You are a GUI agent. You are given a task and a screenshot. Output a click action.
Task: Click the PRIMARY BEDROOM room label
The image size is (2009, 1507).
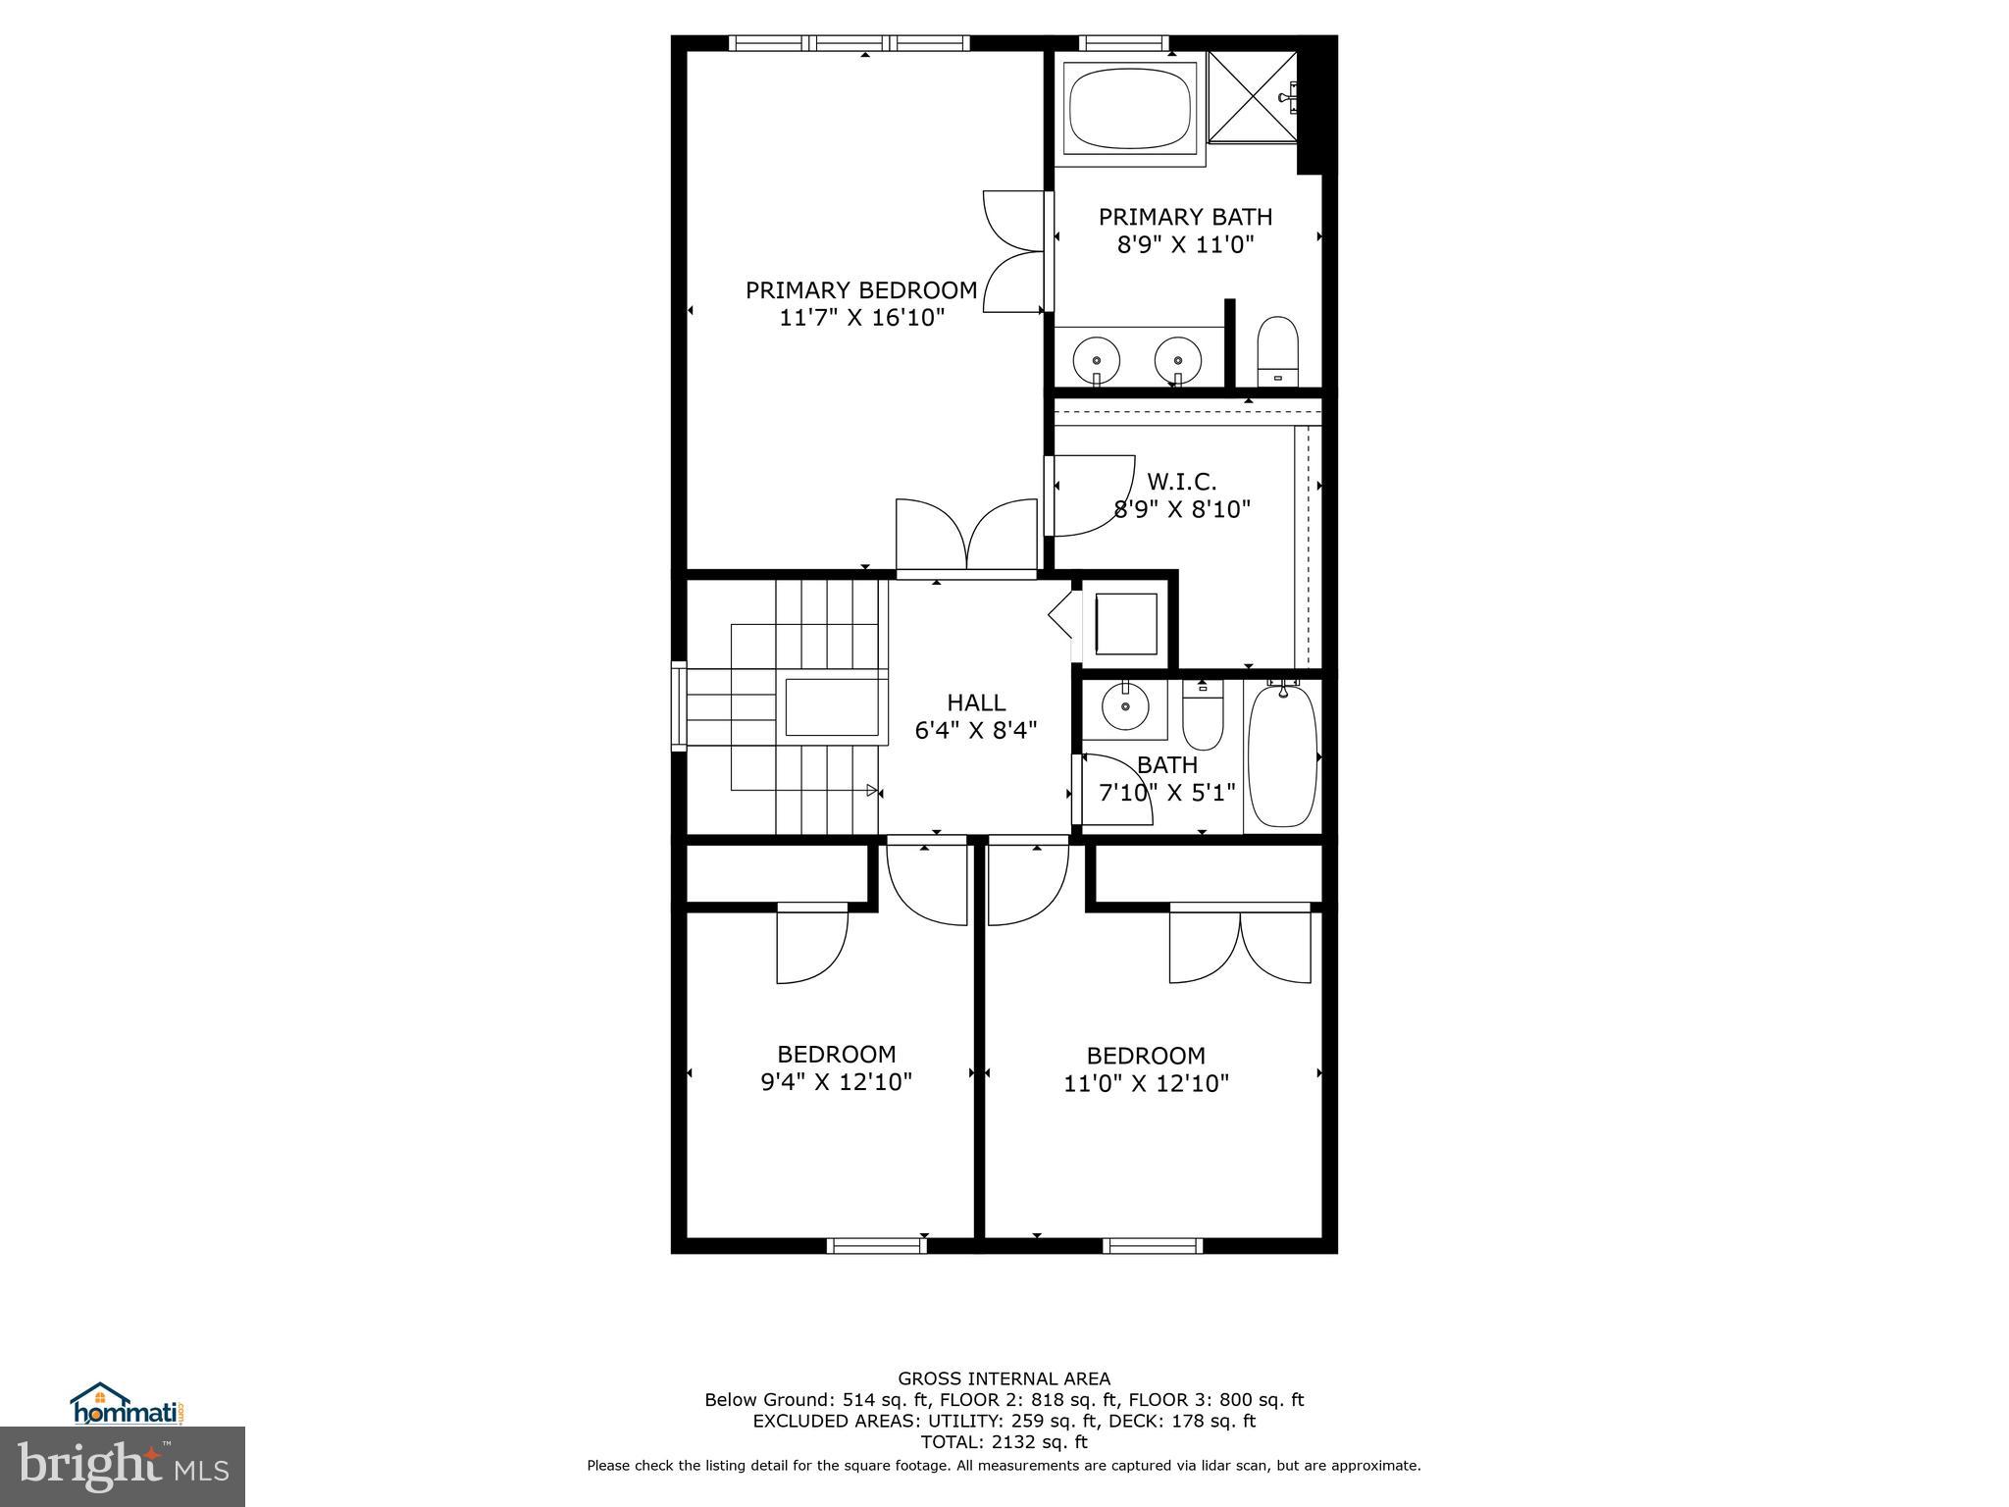click(x=860, y=290)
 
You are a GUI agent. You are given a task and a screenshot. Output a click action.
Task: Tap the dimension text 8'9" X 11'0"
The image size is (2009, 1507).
click(x=1185, y=244)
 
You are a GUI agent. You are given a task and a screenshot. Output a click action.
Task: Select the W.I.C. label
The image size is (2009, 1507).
click(x=1181, y=482)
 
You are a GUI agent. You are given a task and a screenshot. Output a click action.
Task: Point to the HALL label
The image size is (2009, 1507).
click(x=975, y=702)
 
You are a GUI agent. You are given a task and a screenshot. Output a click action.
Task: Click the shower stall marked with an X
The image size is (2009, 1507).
click(x=1252, y=97)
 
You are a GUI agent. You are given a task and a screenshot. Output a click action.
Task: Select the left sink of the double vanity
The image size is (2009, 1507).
click(x=1096, y=359)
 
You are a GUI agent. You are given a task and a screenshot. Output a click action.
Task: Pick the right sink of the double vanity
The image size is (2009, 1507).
click(x=1177, y=359)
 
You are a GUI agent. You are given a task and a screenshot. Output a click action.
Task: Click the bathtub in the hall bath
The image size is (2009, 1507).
click(x=1282, y=755)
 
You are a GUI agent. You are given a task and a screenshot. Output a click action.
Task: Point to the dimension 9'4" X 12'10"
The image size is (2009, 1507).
click(x=836, y=1081)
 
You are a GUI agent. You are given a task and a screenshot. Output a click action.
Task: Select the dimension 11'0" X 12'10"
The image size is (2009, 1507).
click(x=1146, y=1083)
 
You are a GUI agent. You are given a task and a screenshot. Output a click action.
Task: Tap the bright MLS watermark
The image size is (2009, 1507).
click(x=123, y=1467)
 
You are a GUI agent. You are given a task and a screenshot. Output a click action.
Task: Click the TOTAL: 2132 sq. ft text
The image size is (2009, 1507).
click(x=1004, y=1442)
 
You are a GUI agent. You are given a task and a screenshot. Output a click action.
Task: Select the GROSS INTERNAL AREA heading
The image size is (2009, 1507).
click(x=1004, y=1378)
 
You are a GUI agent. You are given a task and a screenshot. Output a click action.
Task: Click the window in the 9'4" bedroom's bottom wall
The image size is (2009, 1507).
click(x=876, y=1246)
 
